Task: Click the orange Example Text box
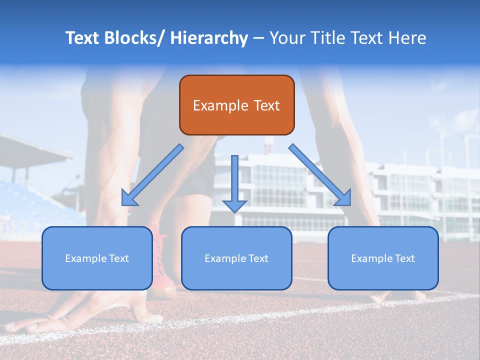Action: tap(236, 105)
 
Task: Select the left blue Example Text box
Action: tap(97, 258)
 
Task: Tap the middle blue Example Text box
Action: tap(236, 258)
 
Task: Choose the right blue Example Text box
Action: tap(383, 258)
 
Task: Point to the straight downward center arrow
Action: tap(234, 180)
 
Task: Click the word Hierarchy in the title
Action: tap(208, 38)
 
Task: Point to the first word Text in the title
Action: tap(83, 38)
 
